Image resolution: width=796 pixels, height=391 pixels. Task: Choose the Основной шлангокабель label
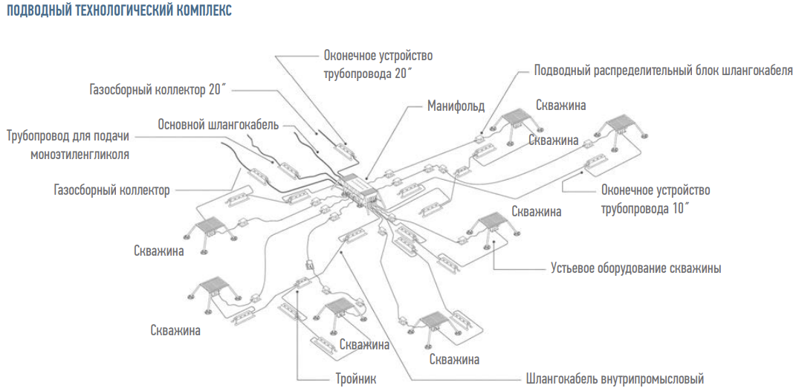pos(218,124)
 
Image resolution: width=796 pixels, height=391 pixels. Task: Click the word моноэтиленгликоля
pos(80,154)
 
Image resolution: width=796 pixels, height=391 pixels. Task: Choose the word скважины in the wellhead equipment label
pos(694,268)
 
